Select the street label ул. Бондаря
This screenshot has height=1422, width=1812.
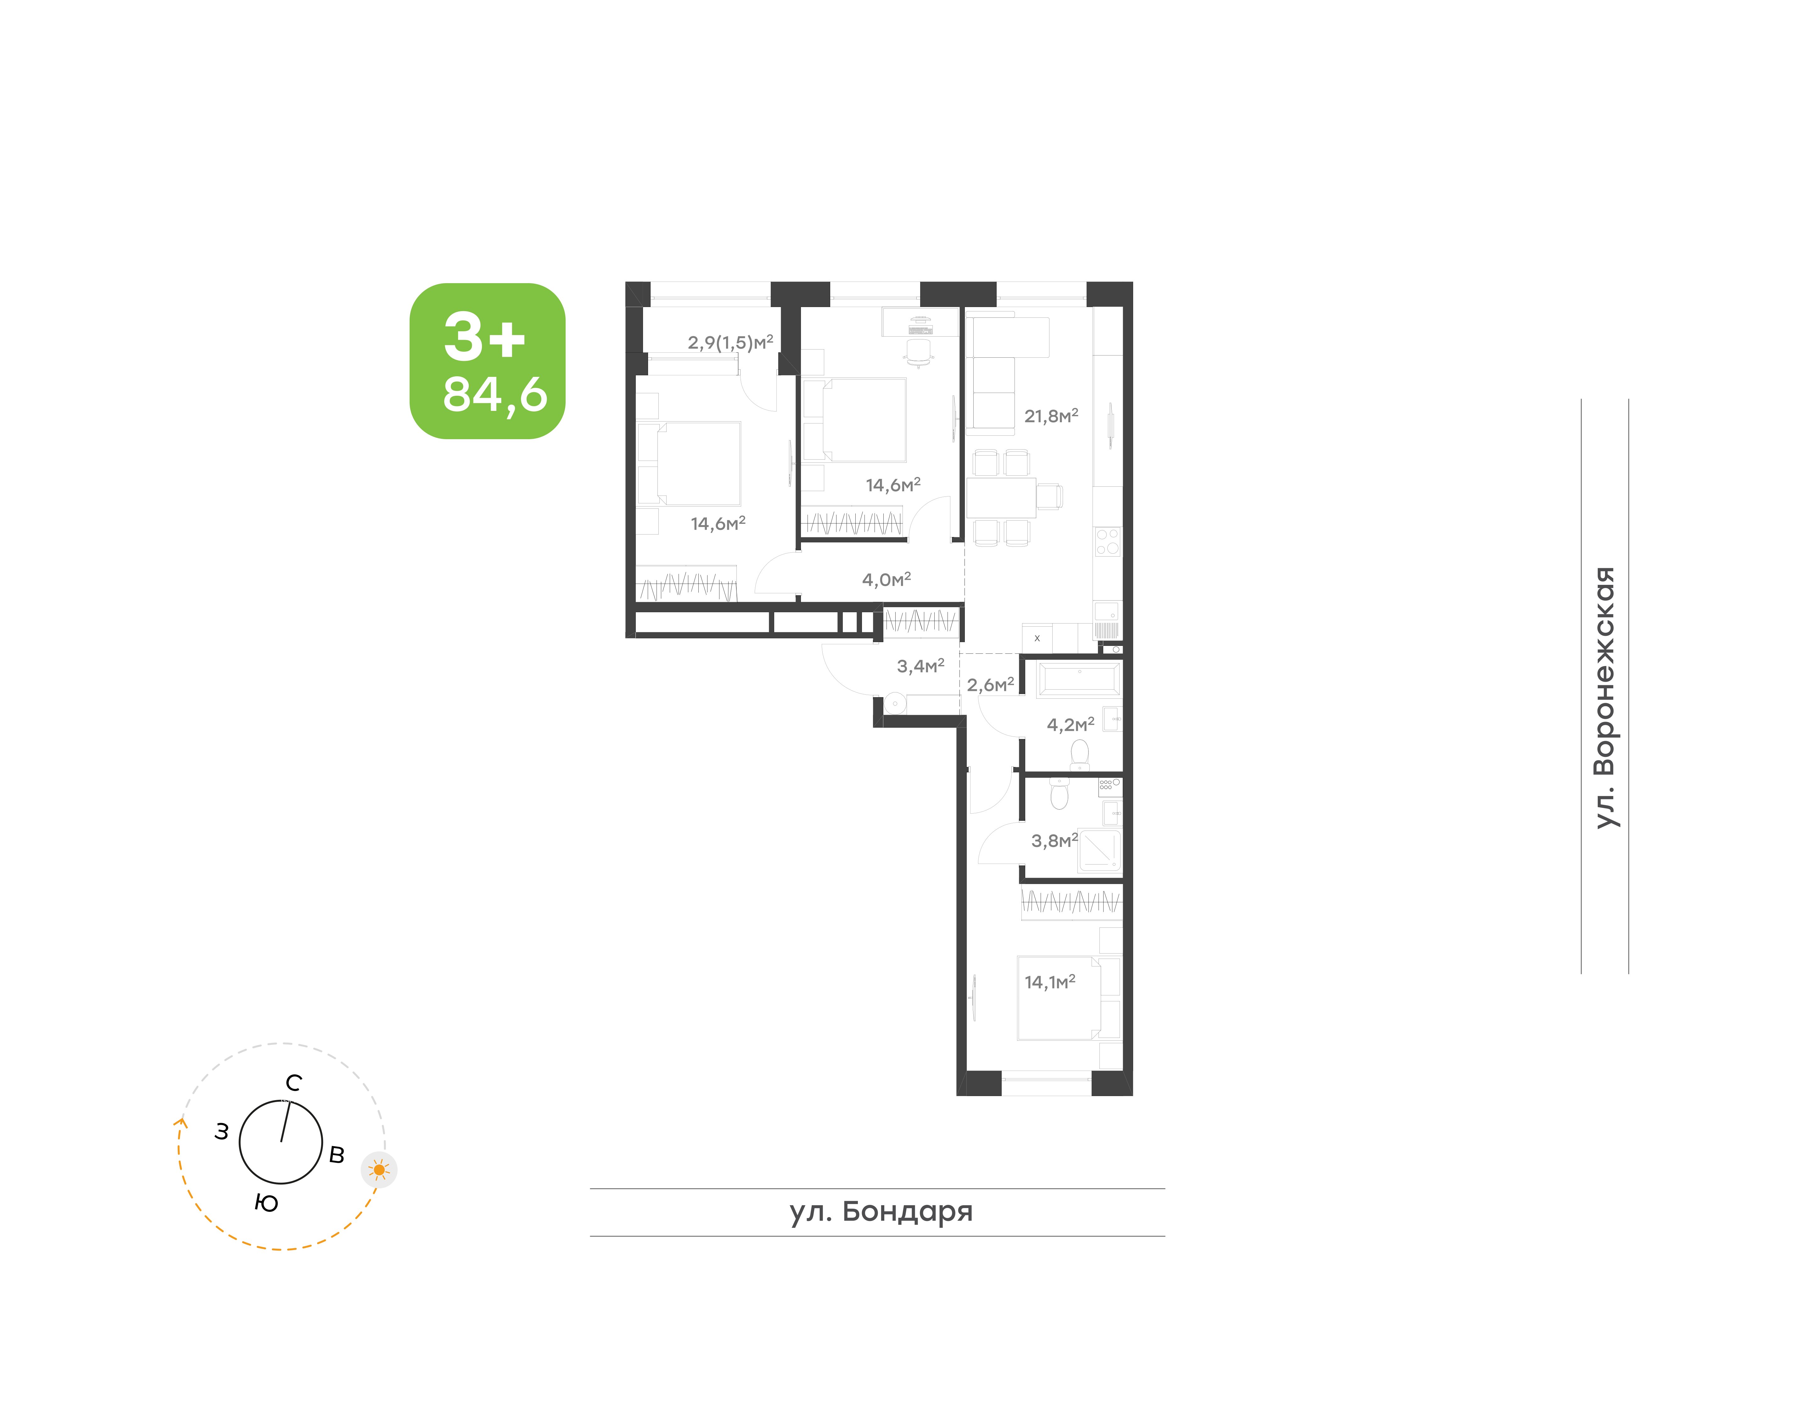click(x=881, y=1211)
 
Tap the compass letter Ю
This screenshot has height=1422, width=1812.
click(x=266, y=1203)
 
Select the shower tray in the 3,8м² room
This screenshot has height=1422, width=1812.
click(x=1099, y=850)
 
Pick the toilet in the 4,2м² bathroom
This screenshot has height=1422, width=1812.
click(x=1080, y=753)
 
